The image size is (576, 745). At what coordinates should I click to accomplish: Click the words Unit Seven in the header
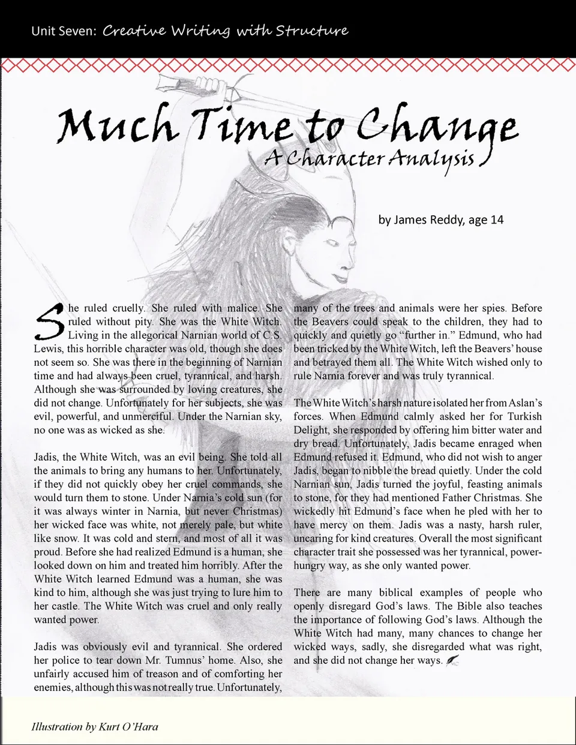pos(63,31)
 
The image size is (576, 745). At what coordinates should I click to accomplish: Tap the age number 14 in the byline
pos(497,220)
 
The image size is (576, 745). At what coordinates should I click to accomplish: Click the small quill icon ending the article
pos(452,660)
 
